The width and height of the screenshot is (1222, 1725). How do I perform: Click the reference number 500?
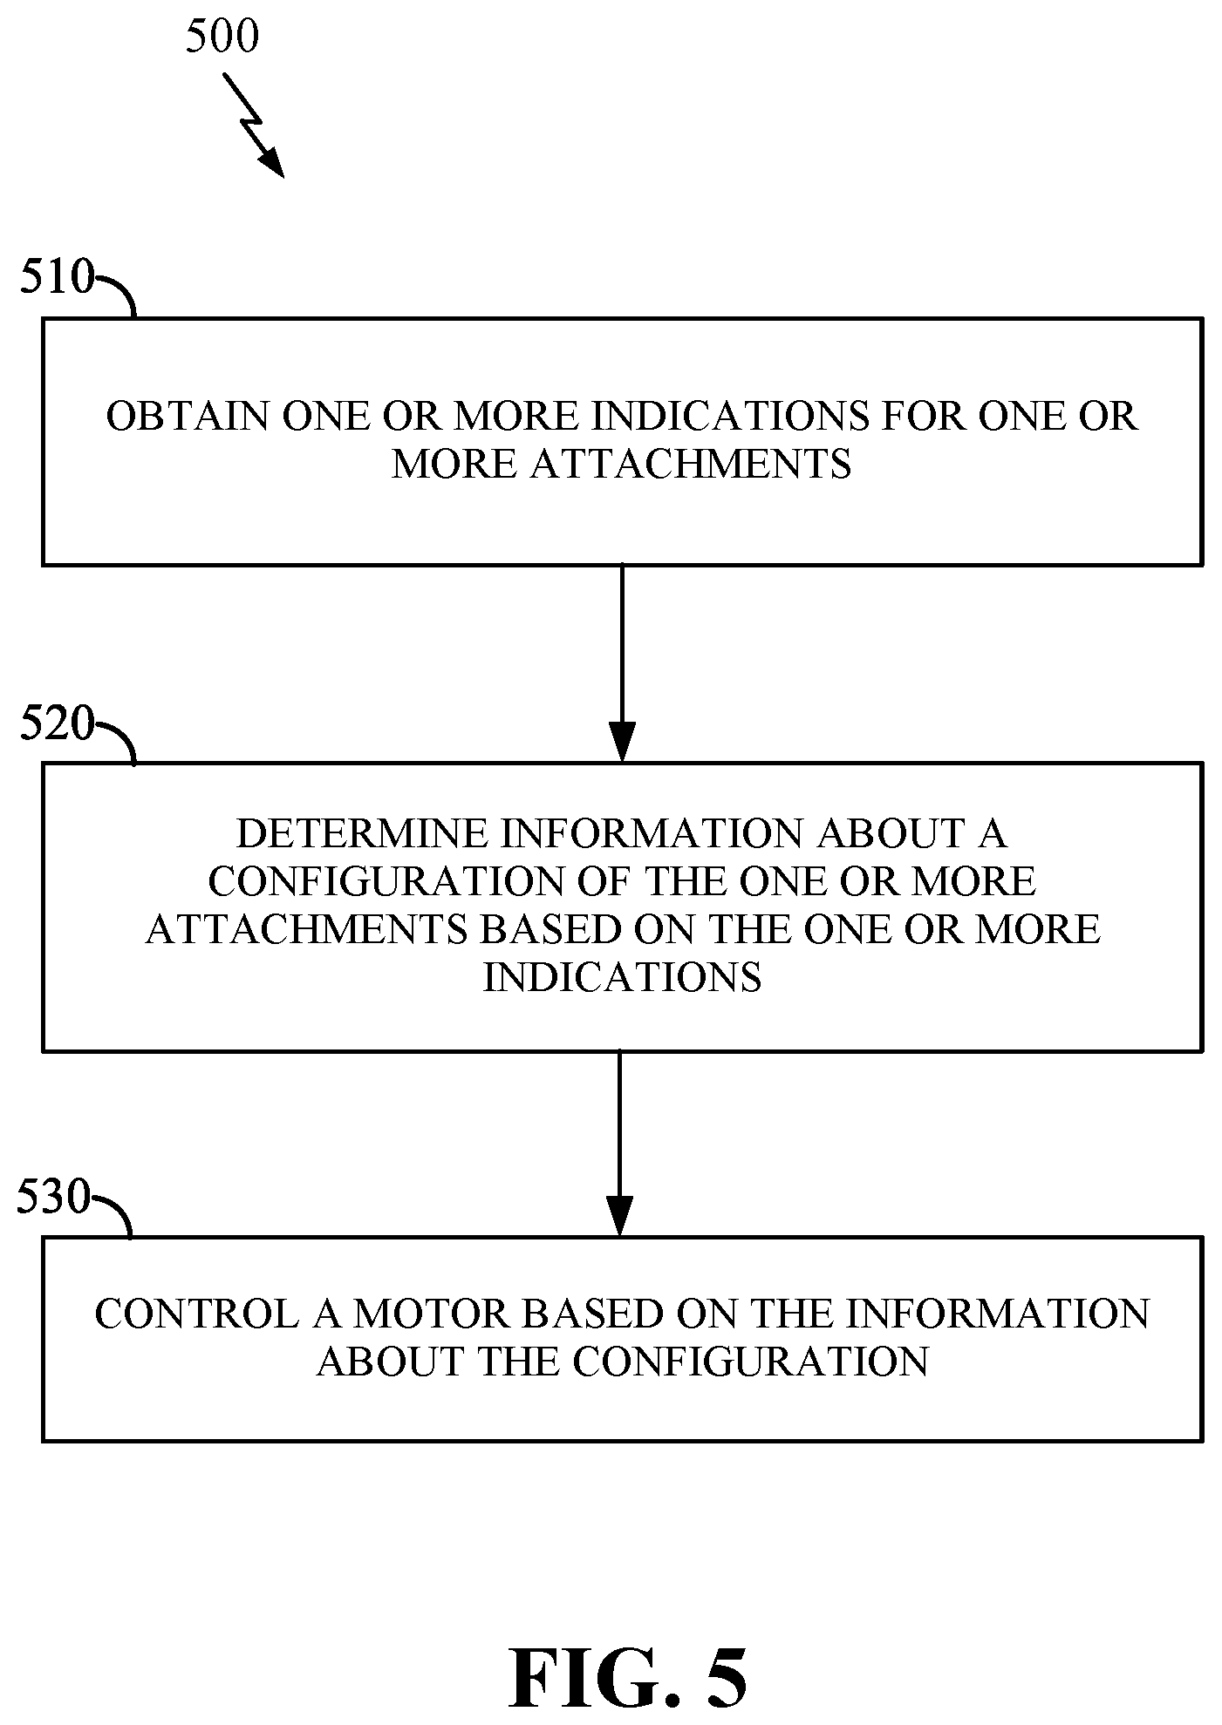tap(222, 37)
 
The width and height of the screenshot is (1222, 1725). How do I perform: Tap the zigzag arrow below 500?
tap(254, 125)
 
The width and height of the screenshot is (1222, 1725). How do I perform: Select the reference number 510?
tap(57, 277)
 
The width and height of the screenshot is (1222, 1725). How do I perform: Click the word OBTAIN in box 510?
tap(188, 417)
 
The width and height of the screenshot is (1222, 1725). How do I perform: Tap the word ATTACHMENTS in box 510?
tap(691, 464)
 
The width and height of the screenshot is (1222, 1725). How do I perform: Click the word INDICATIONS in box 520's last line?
tap(622, 977)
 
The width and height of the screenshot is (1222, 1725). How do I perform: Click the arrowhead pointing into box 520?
tap(622, 743)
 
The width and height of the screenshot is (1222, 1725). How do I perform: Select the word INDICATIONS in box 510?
tap(731, 417)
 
